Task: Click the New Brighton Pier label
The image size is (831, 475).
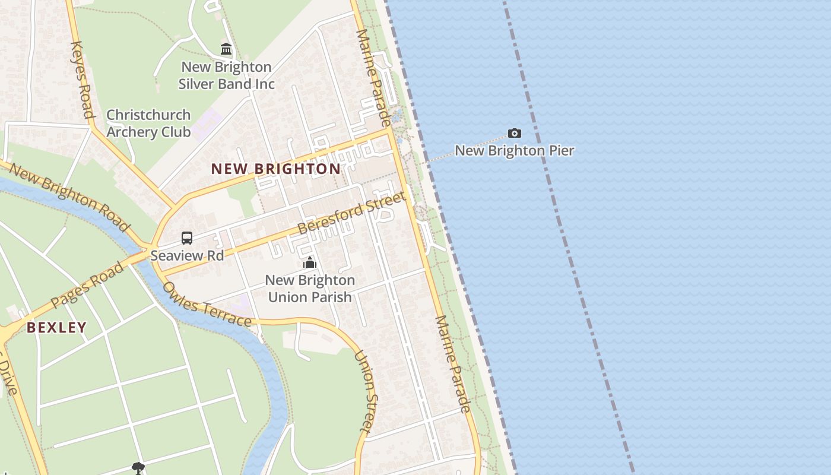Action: point(514,150)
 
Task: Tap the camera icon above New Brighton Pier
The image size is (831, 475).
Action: point(514,133)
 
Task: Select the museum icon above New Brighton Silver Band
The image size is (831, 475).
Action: point(226,49)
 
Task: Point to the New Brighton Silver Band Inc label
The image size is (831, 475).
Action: point(226,75)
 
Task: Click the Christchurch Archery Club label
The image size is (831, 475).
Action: point(148,123)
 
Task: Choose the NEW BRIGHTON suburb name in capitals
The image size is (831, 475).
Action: point(276,169)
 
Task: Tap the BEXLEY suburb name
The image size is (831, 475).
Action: point(56,327)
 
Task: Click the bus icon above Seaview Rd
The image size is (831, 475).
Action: point(187,238)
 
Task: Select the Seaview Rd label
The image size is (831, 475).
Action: point(187,255)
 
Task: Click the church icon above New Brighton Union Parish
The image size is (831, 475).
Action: point(309,262)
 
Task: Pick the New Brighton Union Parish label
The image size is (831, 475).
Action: point(310,288)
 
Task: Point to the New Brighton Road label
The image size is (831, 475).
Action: point(69,197)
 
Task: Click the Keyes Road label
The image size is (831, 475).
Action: point(81,80)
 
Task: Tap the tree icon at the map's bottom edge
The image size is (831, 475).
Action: point(138,468)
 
